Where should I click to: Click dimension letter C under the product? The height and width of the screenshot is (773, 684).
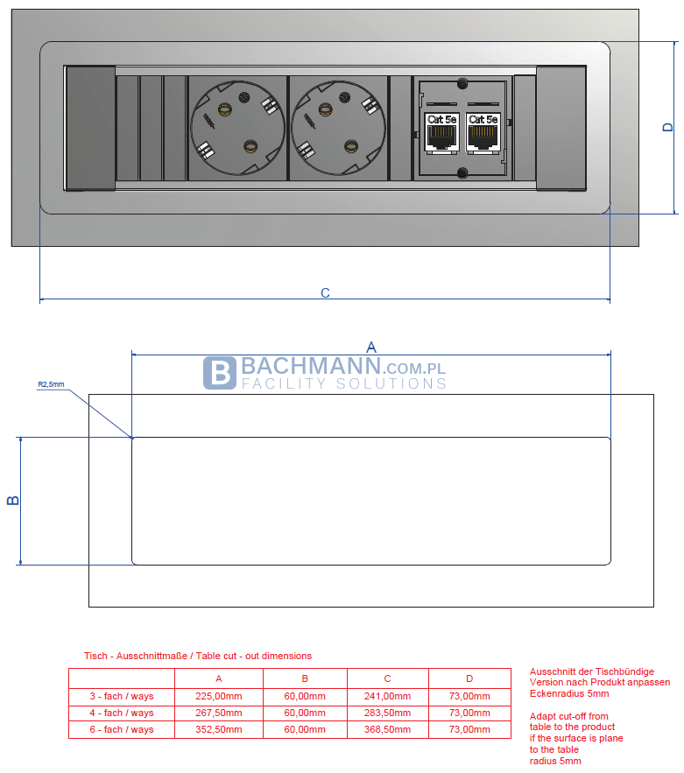coord(325,293)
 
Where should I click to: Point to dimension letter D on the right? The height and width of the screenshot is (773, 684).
coord(667,127)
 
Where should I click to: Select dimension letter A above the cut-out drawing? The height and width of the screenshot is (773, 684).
coord(370,347)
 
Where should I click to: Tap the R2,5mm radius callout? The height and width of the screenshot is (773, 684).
coord(51,383)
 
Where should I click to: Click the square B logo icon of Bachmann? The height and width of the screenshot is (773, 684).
coord(219,373)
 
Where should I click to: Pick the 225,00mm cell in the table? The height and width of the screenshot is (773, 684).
coord(218,696)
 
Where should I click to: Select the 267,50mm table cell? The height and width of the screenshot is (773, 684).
coord(218,713)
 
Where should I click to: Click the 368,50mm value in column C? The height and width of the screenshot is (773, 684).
coord(387,729)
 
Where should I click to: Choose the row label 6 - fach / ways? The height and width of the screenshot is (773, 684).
coord(123,729)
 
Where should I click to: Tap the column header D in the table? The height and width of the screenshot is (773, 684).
coord(469,678)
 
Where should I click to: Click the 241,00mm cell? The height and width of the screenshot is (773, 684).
coord(387,696)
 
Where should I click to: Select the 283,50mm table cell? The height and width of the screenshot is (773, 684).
coord(387,713)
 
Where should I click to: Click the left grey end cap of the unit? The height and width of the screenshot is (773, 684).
coord(90,128)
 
